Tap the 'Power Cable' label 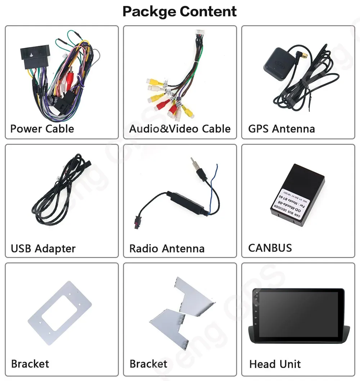42,129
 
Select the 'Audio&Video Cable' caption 180,129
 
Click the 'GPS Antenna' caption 282,129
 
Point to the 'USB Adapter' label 43,248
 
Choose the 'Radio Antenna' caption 167,248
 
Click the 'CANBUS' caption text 270,248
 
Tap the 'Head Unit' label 275,364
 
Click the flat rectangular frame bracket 59,313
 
